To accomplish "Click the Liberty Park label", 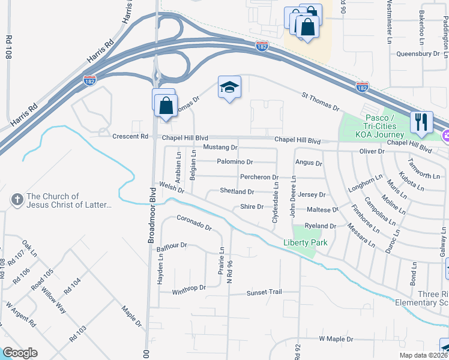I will pos(306,242).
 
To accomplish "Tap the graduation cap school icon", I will pos(229,88).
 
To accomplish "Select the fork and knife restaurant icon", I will pos(421,122).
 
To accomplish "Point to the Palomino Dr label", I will pos(235,162).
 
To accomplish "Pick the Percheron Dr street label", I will pos(259,177).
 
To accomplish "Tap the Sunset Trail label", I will pos(264,292).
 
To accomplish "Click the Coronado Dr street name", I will pos(194,223).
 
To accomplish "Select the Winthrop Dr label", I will pos(189,288).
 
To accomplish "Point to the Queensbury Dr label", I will pos(418,53).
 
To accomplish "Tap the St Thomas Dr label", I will pos(321,101).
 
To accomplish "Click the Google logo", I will pos(20,353).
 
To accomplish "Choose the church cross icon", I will pos(17,199).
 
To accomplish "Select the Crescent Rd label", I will pos(130,137).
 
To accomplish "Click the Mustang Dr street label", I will pos(220,147).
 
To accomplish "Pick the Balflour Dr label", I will pos(172,245).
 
